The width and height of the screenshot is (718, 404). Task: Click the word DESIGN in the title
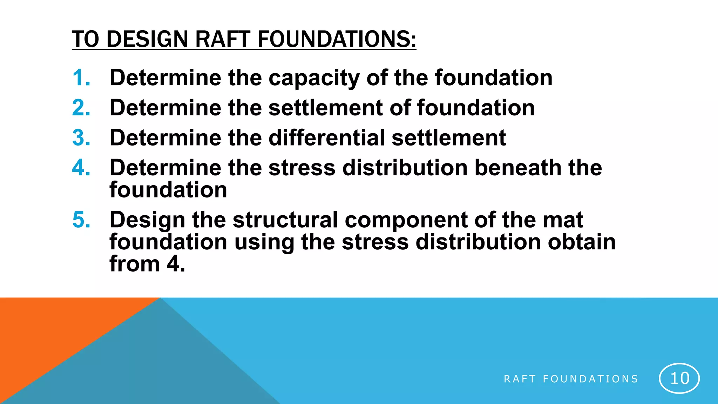coord(147,39)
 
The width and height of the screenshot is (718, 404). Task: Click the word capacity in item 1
coord(314,78)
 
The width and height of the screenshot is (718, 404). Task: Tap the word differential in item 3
coord(327,137)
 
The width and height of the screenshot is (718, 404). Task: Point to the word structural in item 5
coord(285,220)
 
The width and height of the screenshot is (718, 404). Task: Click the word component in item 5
coord(406,221)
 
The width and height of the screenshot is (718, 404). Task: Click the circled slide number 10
coord(679,378)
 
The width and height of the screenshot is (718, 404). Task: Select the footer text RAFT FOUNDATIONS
coord(571,379)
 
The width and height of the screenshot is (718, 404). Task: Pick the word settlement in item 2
coord(326,108)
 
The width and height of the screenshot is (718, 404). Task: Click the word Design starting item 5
coord(147,221)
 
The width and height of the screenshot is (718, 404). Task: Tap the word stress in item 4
coord(302,168)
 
